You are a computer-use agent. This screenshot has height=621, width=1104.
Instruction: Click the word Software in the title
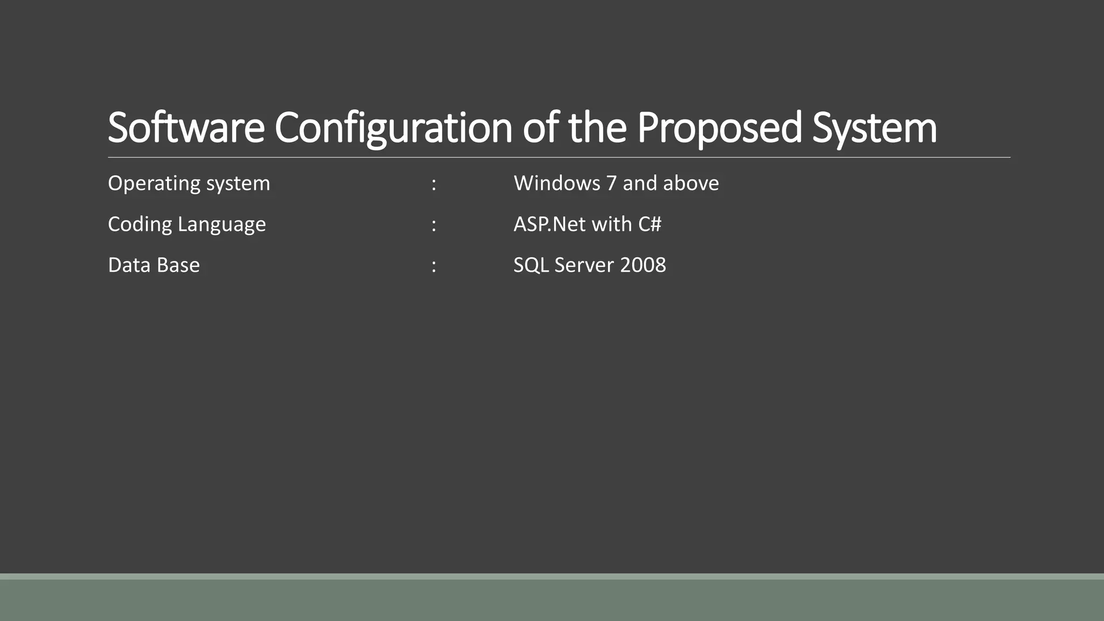click(186, 128)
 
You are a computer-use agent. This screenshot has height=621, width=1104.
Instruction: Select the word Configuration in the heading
click(393, 128)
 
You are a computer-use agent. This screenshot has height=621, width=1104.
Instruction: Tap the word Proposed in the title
click(719, 128)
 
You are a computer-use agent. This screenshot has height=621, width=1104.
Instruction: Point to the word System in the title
click(874, 128)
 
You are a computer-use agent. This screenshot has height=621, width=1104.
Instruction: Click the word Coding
click(140, 224)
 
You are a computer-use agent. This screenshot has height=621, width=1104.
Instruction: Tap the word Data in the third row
click(127, 265)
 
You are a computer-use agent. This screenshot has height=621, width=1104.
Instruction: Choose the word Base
click(178, 265)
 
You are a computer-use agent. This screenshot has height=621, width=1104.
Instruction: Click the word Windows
click(557, 183)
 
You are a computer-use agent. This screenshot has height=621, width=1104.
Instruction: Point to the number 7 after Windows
click(611, 183)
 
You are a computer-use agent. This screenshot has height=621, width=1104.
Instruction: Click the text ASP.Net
click(549, 224)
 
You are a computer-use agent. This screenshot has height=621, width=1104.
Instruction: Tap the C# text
click(650, 224)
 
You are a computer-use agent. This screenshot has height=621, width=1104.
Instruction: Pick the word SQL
click(530, 265)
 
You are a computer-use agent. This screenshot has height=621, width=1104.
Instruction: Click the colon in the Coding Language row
click(434, 225)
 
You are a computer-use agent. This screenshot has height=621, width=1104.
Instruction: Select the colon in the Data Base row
click(434, 266)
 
